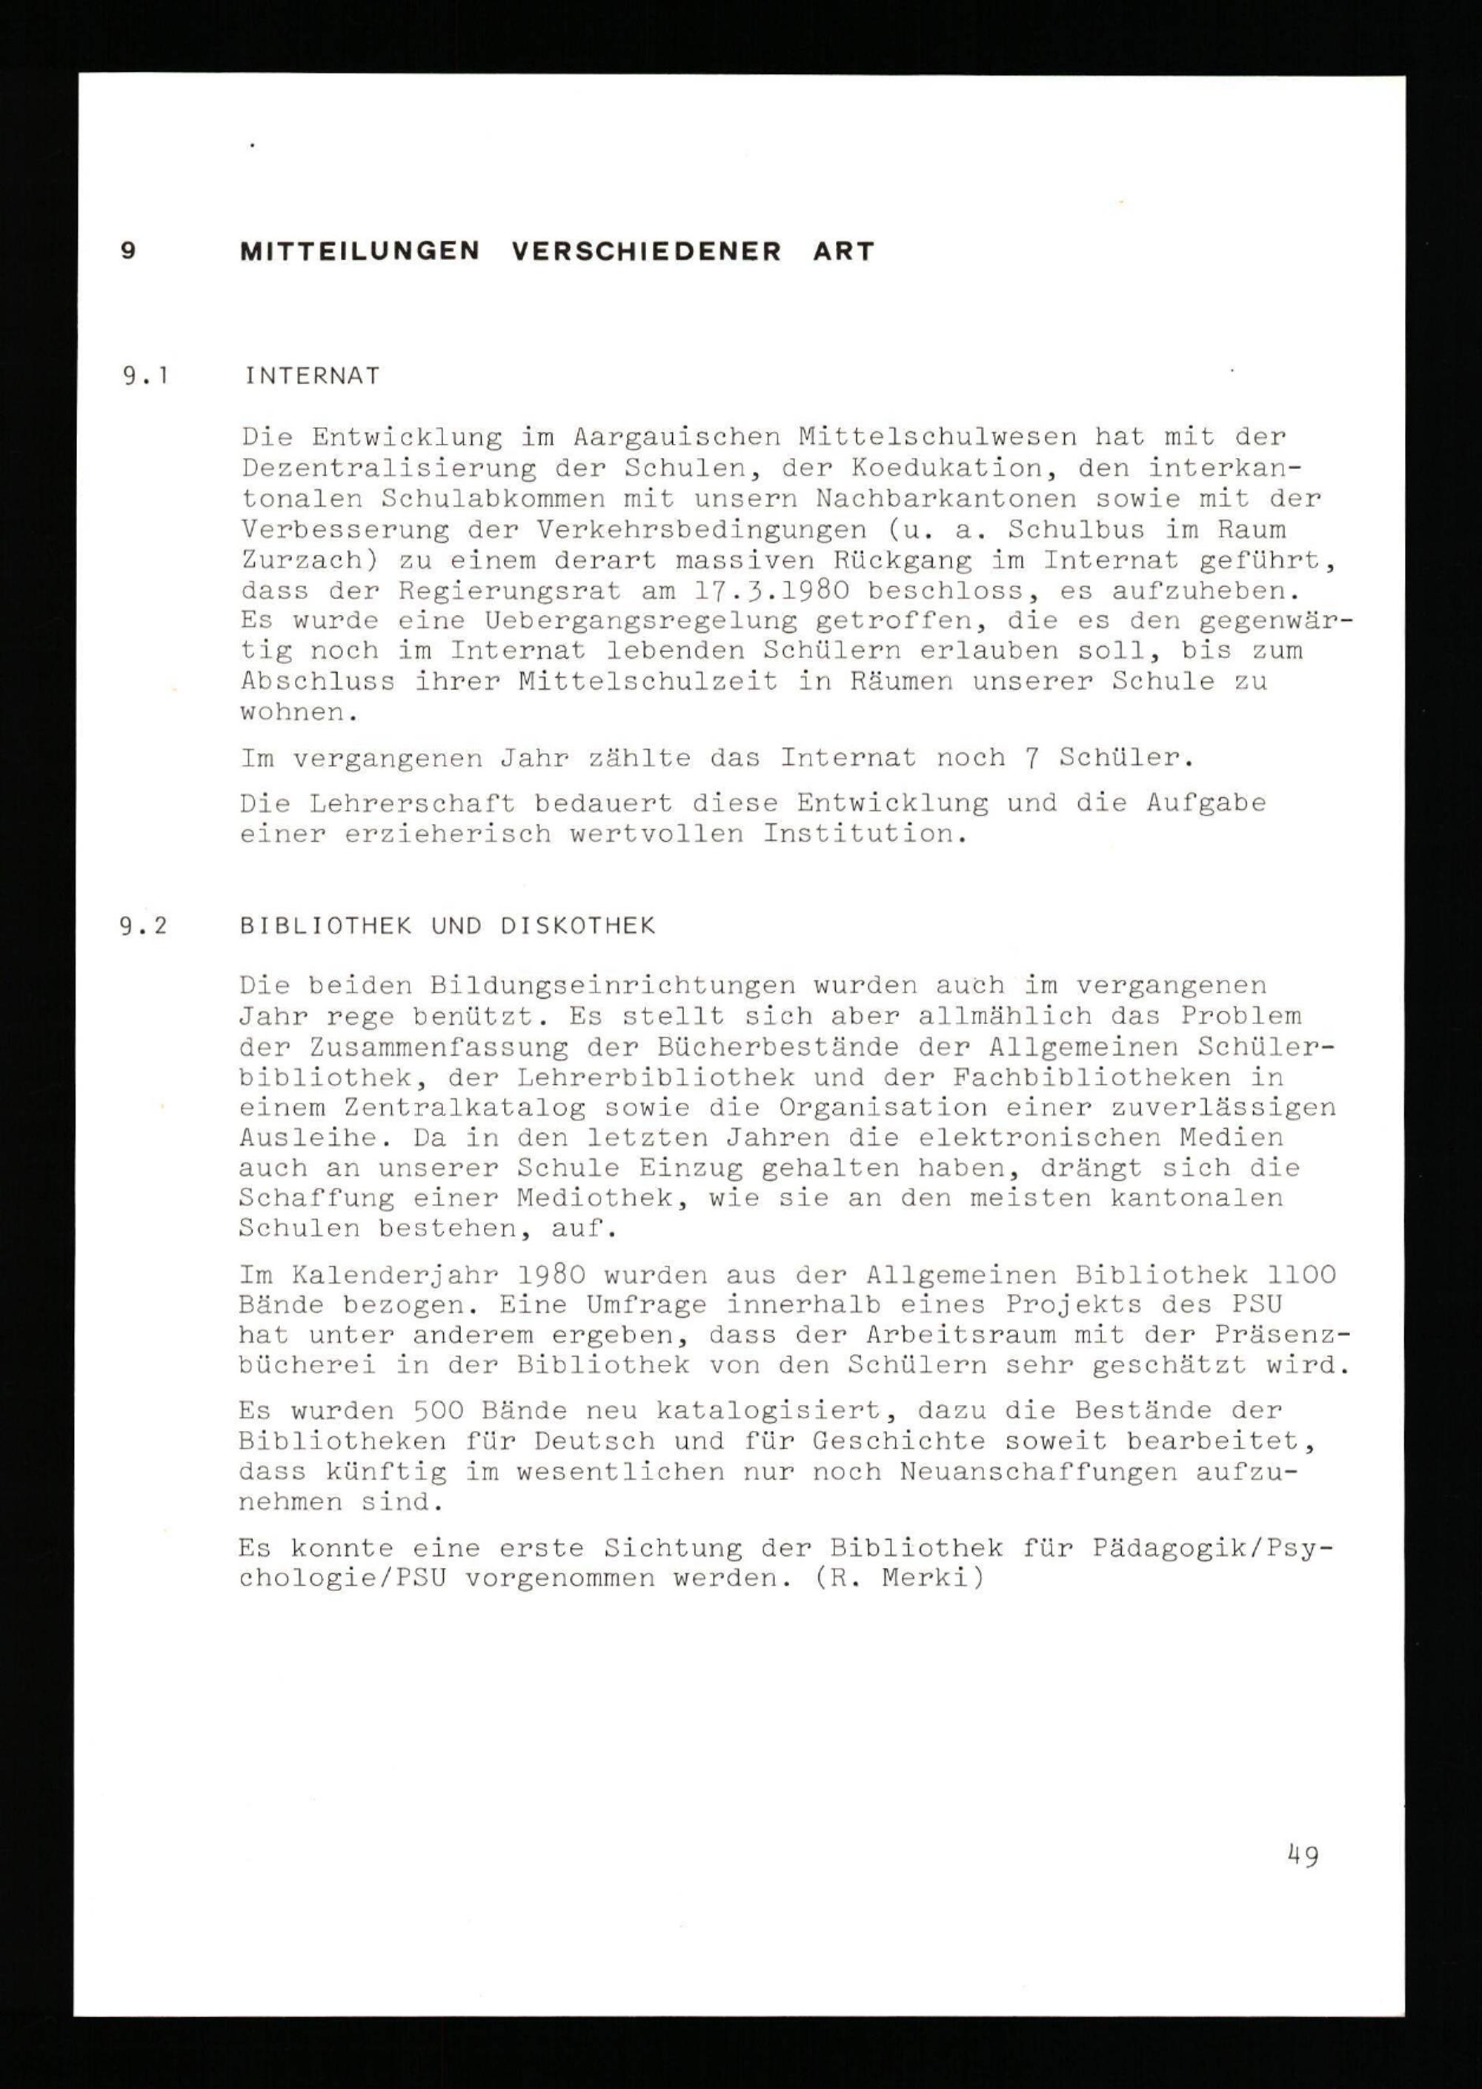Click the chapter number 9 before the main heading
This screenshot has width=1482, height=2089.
coord(129,251)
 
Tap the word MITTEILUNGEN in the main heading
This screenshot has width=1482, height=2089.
coord(359,251)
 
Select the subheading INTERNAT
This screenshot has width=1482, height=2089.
coord(312,376)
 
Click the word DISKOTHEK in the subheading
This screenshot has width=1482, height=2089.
coord(578,926)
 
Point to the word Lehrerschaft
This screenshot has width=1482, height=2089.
coord(411,803)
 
